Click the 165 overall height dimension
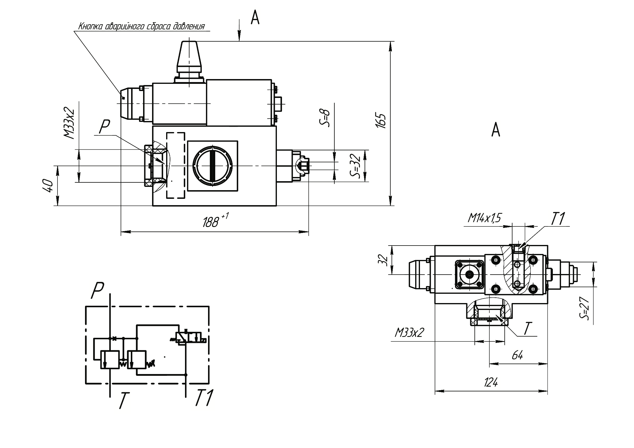(x=381, y=121)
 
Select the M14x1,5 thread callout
(x=484, y=219)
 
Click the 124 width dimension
(x=491, y=382)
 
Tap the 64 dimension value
(x=517, y=355)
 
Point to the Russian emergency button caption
(x=141, y=26)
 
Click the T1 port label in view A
(x=558, y=219)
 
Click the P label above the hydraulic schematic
(x=97, y=290)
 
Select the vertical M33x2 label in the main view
(x=69, y=123)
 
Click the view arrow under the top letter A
(x=239, y=31)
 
